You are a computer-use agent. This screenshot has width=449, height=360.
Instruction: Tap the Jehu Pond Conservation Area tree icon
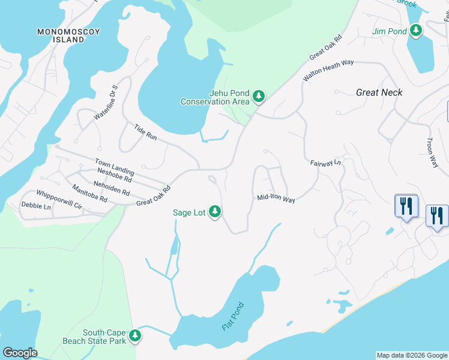258,96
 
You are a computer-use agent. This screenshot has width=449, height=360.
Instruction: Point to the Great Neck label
379,92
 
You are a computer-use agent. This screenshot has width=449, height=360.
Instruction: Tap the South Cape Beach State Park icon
135,336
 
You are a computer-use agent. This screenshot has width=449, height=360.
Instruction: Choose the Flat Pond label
233,316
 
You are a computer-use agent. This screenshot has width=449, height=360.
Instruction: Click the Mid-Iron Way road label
276,199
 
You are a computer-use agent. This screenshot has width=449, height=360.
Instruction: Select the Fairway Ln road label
325,163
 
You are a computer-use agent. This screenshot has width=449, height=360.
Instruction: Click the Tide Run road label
145,133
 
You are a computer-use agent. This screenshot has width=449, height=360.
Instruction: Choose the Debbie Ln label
36,206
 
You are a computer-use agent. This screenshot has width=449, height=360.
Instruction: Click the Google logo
20,353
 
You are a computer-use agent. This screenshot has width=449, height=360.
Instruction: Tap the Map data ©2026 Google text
411,355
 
